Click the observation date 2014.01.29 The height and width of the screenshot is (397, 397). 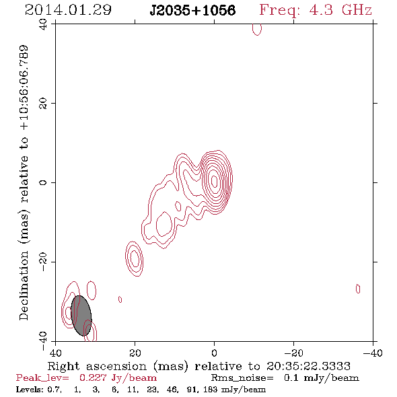[68, 10]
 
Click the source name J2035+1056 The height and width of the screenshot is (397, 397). [192, 10]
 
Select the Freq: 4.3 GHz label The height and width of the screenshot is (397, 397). [316, 10]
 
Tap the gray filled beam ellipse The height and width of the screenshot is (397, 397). [81, 316]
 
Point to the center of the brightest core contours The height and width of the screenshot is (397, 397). [215, 181]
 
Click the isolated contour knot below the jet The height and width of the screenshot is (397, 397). [134, 258]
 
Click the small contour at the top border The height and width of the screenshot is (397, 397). [257, 30]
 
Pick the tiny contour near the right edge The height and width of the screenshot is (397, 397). [358, 289]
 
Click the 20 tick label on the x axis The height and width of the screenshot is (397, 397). [135, 353]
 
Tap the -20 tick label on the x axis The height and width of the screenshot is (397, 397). [293, 353]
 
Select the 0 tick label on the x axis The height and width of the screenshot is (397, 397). [214, 353]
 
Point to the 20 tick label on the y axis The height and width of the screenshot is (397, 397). [43, 104]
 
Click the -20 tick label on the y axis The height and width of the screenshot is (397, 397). [43, 262]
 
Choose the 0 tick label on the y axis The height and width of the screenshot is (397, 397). [43, 182]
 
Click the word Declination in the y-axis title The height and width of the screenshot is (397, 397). [24, 285]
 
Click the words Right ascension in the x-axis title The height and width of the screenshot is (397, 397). [97, 366]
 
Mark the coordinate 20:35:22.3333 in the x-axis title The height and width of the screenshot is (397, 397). [308, 366]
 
